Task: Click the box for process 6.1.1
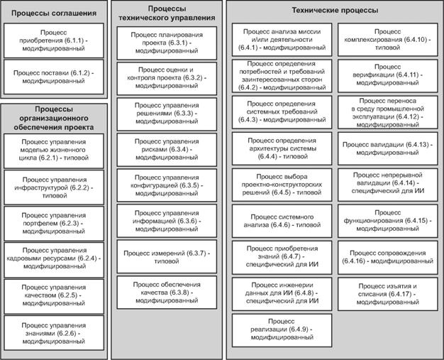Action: click(54, 40)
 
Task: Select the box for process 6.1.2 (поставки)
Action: click(54, 77)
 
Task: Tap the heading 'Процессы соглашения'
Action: click(54, 13)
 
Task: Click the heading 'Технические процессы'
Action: click(335, 11)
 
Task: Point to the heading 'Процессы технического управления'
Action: click(167, 13)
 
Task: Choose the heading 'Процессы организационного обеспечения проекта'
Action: click(54, 118)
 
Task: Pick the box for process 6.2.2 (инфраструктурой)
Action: click(54, 187)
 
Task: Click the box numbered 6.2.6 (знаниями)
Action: click(54, 333)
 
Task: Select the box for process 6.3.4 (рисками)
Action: click(167, 149)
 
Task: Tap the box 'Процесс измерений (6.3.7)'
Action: click(167, 257)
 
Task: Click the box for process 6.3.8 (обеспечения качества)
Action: click(167, 293)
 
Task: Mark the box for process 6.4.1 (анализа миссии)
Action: click(282, 40)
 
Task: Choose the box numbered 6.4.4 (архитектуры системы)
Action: click(282, 148)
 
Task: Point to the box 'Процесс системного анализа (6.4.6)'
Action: click(282, 221)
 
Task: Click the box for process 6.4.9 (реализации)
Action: click(282, 330)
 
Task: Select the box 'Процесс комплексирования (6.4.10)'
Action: click(388, 40)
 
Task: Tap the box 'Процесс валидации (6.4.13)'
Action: click(388, 148)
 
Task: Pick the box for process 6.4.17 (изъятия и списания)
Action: click(388, 294)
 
